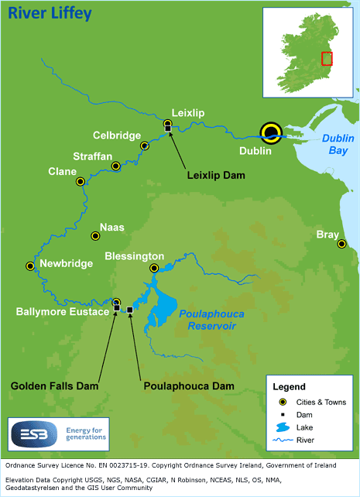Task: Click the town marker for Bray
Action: pyautogui.click(x=341, y=244)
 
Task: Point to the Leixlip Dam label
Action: pyautogui.click(x=216, y=176)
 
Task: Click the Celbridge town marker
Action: pyautogui.click(x=144, y=146)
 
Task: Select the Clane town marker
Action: pyautogui.click(x=80, y=181)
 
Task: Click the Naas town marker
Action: pyautogui.click(x=95, y=235)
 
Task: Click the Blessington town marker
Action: pyautogui.click(x=154, y=268)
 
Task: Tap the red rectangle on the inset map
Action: pyautogui.click(x=327, y=59)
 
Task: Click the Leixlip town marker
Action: pyautogui.click(x=167, y=124)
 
